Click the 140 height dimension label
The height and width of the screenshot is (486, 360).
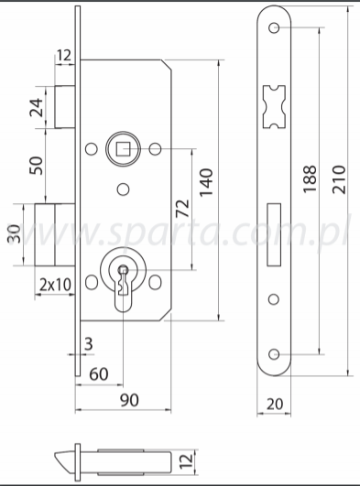tap(206, 182)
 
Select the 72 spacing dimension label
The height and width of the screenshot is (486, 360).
tap(182, 208)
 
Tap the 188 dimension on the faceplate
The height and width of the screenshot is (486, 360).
tap(310, 178)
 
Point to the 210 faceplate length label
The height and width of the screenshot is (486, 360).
tap(339, 179)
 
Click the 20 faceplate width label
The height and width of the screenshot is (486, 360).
tap(275, 404)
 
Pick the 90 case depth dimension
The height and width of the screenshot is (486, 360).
tap(129, 400)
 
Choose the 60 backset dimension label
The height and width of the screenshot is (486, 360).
tap(99, 373)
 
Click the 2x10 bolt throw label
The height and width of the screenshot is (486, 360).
tap(56, 285)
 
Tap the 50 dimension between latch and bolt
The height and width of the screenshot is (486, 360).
tap(37, 165)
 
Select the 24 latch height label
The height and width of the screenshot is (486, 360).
tap(37, 107)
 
